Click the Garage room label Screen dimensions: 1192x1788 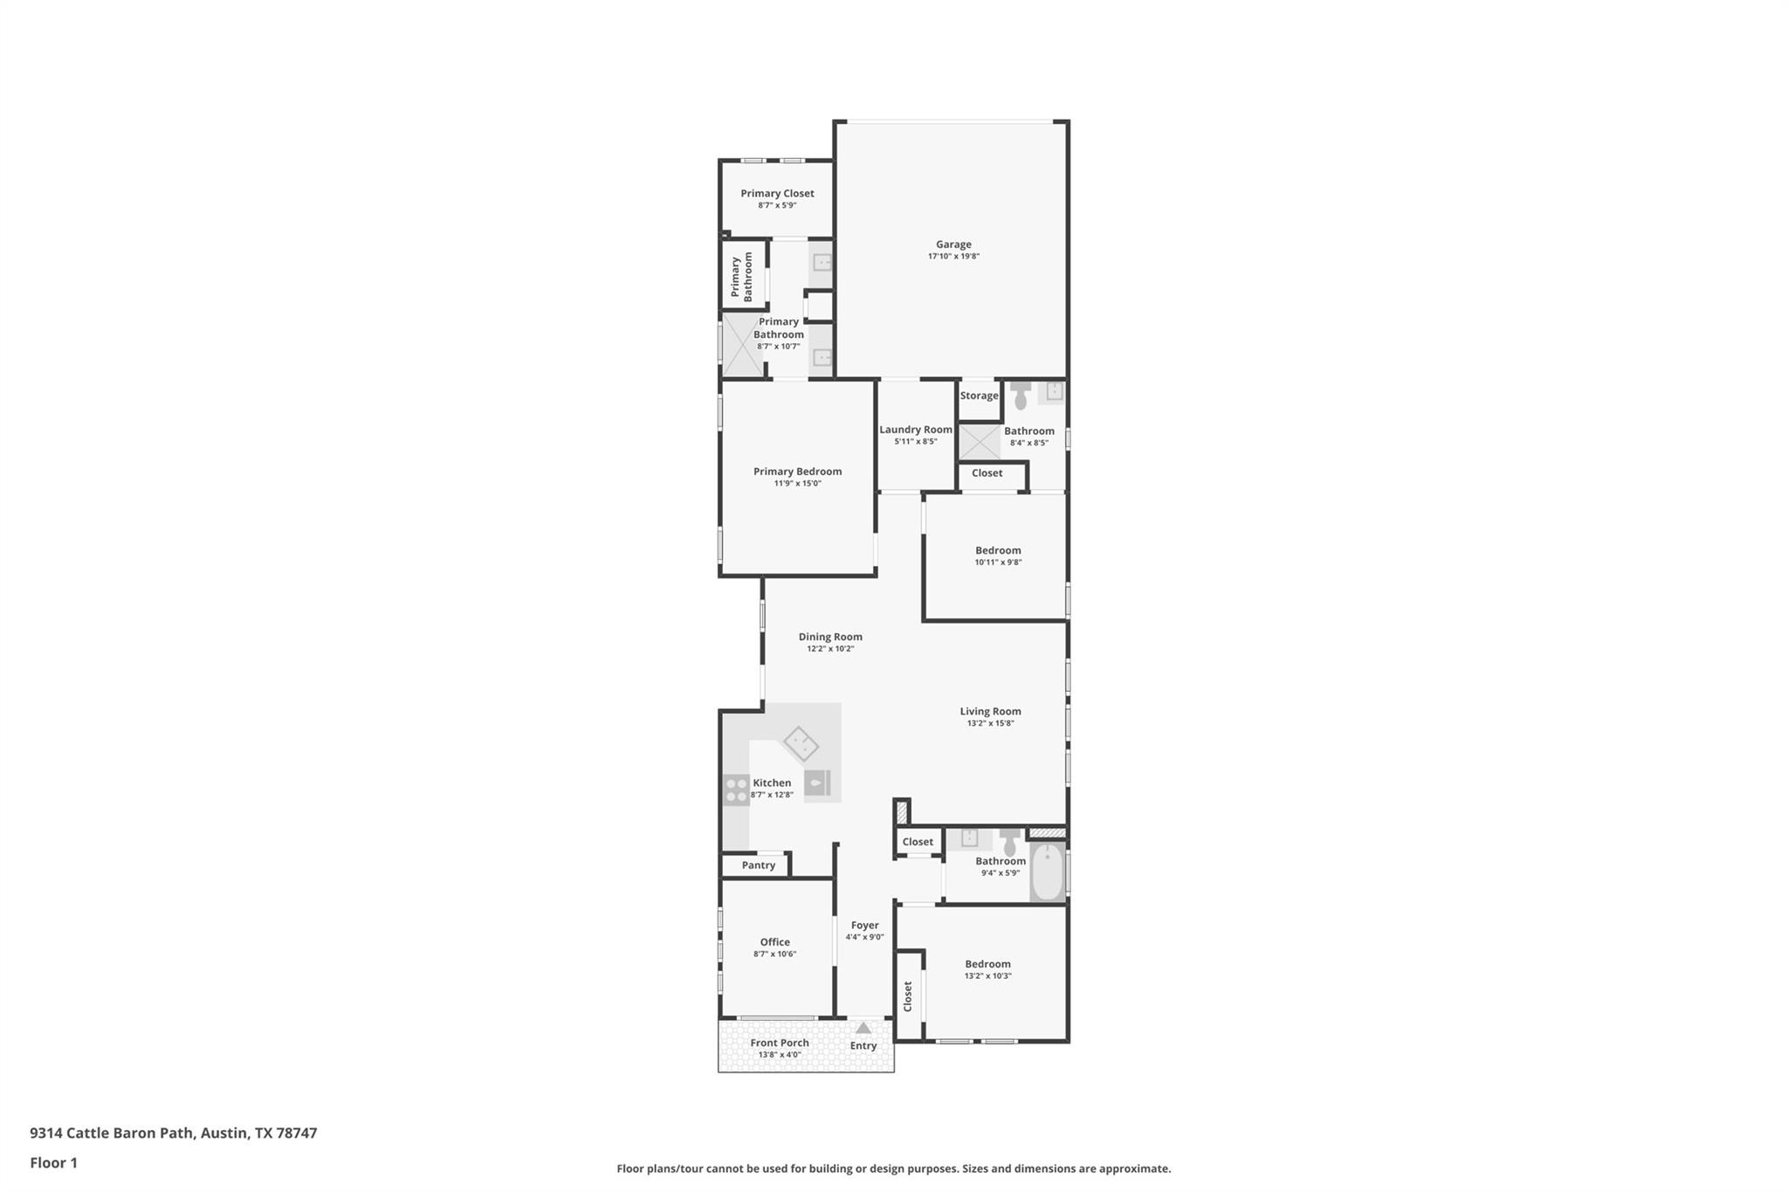click(953, 245)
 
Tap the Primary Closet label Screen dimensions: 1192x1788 click(777, 194)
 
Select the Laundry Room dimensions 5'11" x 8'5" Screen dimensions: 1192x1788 click(915, 442)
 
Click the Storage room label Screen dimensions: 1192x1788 click(979, 396)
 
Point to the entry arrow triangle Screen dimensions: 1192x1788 click(863, 1028)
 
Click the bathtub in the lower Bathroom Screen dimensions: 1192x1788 click(1047, 871)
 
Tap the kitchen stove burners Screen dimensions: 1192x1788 click(736, 789)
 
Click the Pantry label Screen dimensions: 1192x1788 click(758, 865)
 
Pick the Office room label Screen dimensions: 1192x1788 click(774, 942)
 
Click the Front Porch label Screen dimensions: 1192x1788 click(780, 1043)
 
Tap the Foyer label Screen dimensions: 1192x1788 click(864, 926)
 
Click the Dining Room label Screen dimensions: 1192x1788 click(829, 637)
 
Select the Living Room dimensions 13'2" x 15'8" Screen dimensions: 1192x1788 click(990, 724)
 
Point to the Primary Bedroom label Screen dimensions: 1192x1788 click(797, 472)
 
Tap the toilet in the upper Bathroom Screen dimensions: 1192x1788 click(1021, 397)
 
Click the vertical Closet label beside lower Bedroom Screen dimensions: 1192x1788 click(908, 996)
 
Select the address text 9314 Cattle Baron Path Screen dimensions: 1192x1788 click(113, 1133)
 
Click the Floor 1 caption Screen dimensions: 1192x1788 click(54, 1163)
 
